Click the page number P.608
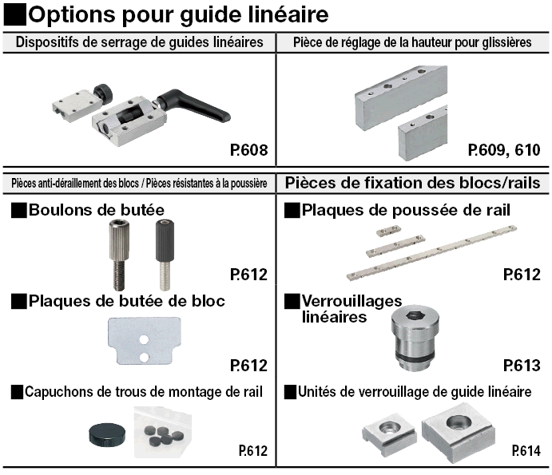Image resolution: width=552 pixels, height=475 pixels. click(249, 150)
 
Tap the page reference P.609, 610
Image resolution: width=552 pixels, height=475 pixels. click(504, 150)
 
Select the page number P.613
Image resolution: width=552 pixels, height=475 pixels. click(522, 366)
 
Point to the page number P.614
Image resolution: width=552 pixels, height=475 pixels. click(526, 451)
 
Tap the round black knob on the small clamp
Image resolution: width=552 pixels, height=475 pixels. click(103, 92)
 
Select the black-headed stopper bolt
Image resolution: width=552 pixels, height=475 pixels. click(165, 255)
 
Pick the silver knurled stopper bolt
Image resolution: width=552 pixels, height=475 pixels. click(119, 255)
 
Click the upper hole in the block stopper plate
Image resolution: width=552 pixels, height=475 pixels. click(144, 340)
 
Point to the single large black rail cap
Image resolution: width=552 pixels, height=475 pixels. click(107, 435)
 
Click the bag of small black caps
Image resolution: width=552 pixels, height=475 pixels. click(163, 432)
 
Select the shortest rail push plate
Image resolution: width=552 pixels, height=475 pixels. click(389, 232)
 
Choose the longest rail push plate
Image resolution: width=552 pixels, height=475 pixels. click(431, 253)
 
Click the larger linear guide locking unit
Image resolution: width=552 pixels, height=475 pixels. click(458, 432)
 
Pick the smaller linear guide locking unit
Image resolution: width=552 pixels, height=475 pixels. click(389, 437)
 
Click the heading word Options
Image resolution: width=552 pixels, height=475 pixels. click(71, 15)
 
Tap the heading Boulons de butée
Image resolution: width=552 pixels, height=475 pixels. click(97, 210)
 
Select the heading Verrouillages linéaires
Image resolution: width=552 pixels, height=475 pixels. click(351, 309)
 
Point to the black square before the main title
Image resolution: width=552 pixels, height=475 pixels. click(15, 14)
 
